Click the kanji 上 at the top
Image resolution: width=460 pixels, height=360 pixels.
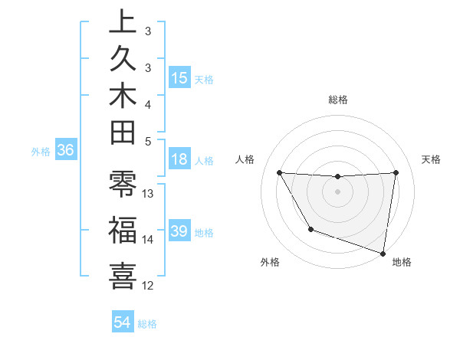click(x=122, y=23)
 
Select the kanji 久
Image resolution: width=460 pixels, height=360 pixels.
click(x=122, y=60)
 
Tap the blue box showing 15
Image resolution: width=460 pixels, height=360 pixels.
click(x=179, y=77)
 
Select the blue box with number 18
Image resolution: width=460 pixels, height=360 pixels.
click(x=179, y=160)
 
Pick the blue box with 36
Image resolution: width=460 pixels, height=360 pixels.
click(x=66, y=151)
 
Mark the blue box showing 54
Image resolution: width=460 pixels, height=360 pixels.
click(x=122, y=322)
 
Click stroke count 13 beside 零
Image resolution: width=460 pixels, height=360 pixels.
click(x=148, y=193)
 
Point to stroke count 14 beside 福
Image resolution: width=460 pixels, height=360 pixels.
click(x=148, y=240)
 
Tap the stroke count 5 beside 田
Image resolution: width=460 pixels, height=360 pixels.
click(x=148, y=140)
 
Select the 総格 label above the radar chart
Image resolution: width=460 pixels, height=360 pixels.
click(x=337, y=100)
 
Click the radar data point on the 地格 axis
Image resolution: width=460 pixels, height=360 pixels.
click(x=383, y=252)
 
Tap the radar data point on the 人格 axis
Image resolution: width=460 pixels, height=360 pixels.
click(x=279, y=172)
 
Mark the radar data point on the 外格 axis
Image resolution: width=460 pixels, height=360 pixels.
click(x=310, y=229)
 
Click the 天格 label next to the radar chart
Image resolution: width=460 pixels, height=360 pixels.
click(x=431, y=159)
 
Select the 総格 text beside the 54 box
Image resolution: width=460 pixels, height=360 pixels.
click(x=147, y=323)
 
